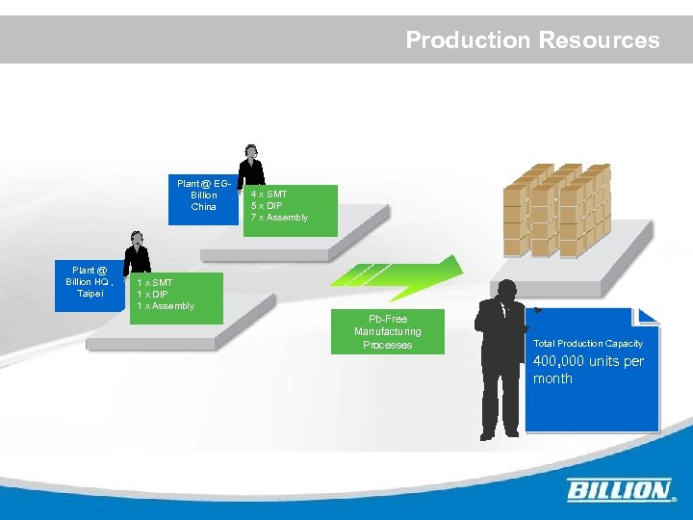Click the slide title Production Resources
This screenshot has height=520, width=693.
(532, 40)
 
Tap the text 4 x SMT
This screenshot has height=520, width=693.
(269, 195)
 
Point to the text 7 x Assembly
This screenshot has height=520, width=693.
(279, 218)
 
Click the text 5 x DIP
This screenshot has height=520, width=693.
(268, 206)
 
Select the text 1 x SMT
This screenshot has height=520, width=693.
(154, 283)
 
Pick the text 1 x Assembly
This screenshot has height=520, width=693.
(166, 306)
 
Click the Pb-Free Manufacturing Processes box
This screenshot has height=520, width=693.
(388, 332)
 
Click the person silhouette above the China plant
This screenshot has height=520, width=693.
(251, 165)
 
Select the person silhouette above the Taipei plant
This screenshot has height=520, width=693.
(137, 252)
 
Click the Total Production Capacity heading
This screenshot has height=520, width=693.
(587, 344)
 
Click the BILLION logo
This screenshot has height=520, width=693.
(619, 490)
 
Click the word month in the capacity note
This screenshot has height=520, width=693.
(552, 379)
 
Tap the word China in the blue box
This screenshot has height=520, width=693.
(204, 207)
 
